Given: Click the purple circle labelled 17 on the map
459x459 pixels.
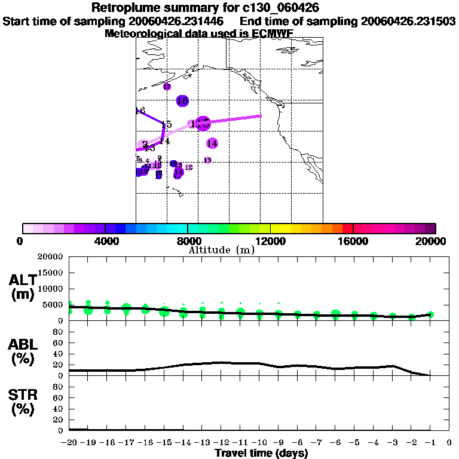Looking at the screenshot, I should (167, 87).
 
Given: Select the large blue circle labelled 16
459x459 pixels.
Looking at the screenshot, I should (182, 101).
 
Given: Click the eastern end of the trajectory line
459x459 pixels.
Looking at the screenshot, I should (261, 116).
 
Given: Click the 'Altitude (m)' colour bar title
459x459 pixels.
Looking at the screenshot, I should (221, 250).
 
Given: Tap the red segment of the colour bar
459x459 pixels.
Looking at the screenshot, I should (348, 228).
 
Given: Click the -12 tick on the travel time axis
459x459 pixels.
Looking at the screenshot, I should (221, 443).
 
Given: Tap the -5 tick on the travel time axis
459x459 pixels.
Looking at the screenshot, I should (354, 443).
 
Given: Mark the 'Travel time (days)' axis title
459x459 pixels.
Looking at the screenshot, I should (261, 454).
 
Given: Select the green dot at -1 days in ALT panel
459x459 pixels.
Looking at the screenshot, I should (430, 314).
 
